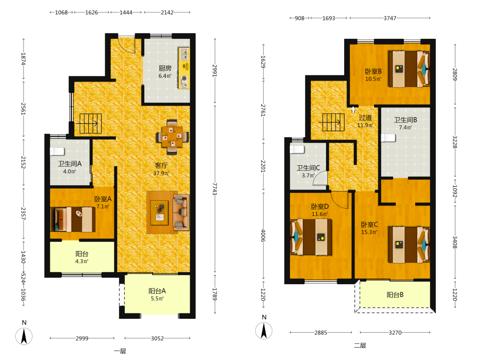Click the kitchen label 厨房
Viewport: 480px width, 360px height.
pyautogui.click(x=165, y=68)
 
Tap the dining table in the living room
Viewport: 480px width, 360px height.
pyautogui.click(x=172, y=136)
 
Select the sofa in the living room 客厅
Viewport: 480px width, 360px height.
pyautogui.click(x=181, y=212)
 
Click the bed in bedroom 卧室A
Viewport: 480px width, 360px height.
pyautogui.click(x=73, y=219)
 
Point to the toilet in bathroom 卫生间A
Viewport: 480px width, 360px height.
pyautogui.click(x=57, y=151)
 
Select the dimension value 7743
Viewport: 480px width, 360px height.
pyautogui.click(x=215, y=189)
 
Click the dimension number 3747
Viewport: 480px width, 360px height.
pyautogui.click(x=390, y=18)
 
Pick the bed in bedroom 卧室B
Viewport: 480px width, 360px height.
pyautogui.click(x=409, y=69)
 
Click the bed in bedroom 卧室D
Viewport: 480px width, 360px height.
pyautogui.click(x=311, y=237)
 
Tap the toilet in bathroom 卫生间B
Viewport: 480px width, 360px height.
pyautogui.click(x=388, y=138)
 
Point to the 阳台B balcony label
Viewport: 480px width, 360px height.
pyautogui.click(x=395, y=295)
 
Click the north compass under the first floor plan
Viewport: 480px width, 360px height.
pyautogui.click(x=24, y=336)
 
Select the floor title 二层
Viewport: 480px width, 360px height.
pyautogui.click(x=360, y=346)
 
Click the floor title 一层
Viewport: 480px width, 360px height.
pyautogui.click(x=120, y=351)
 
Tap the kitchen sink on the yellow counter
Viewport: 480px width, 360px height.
pyautogui.click(x=184, y=54)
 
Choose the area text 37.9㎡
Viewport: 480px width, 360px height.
pyautogui.click(x=161, y=173)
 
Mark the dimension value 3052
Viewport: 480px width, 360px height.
pyautogui.click(x=157, y=338)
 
